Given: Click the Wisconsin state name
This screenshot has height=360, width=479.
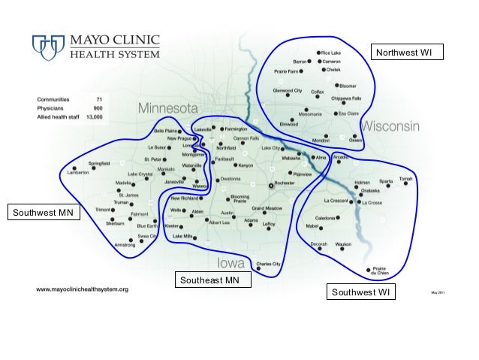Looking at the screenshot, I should pyautogui.click(x=390, y=126).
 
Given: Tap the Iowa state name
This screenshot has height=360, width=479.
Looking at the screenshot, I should pyautogui.click(x=232, y=263).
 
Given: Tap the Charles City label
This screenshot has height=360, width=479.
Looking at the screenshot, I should pyautogui.click(x=268, y=264).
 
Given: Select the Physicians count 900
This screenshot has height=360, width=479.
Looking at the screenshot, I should pyautogui.click(x=98, y=108).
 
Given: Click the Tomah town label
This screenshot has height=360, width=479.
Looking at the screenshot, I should pyautogui.click(x=407, y=179).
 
